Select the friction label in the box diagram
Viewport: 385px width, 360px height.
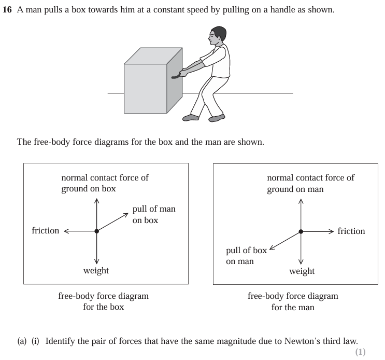[46, 231]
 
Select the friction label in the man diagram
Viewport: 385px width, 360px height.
[351, 231]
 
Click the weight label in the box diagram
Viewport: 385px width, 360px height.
[96, 271]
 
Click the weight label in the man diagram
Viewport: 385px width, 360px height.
[302, 271]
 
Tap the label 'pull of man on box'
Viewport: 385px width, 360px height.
[154, 214]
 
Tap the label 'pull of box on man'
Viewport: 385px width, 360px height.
[246, 256]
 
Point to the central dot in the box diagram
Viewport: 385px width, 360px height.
[97, 231]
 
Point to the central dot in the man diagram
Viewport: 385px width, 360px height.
[301, 232]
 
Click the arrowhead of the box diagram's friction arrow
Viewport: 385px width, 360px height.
[66, 231]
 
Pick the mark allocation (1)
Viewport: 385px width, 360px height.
[361, 352]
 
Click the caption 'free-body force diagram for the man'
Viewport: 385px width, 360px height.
[293, 301]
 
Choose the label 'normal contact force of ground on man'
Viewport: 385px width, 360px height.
[310, 183]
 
